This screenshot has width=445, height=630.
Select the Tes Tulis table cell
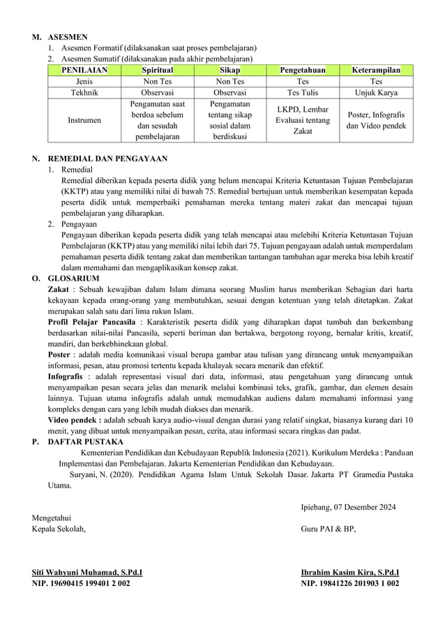pos(303,92)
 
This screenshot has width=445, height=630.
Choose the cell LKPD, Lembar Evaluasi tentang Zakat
pos(303,120)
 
